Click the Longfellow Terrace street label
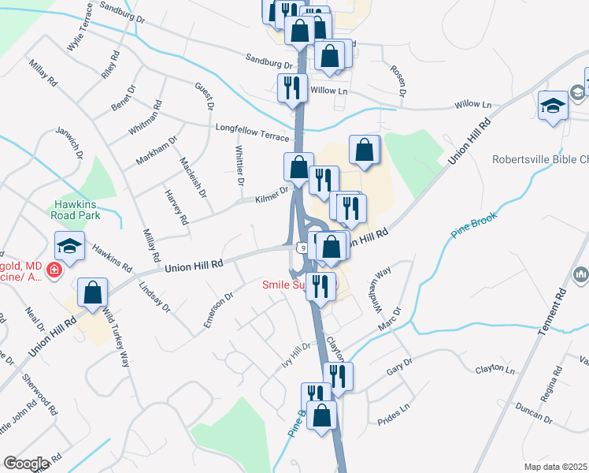point(252,131)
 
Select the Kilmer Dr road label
point(272,194)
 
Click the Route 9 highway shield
point(302,248)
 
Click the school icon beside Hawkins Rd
point(69,246)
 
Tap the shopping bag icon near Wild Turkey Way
point(93,292)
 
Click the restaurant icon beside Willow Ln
point(292,88)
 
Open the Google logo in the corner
point(26,464)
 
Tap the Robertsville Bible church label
point(540,159)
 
